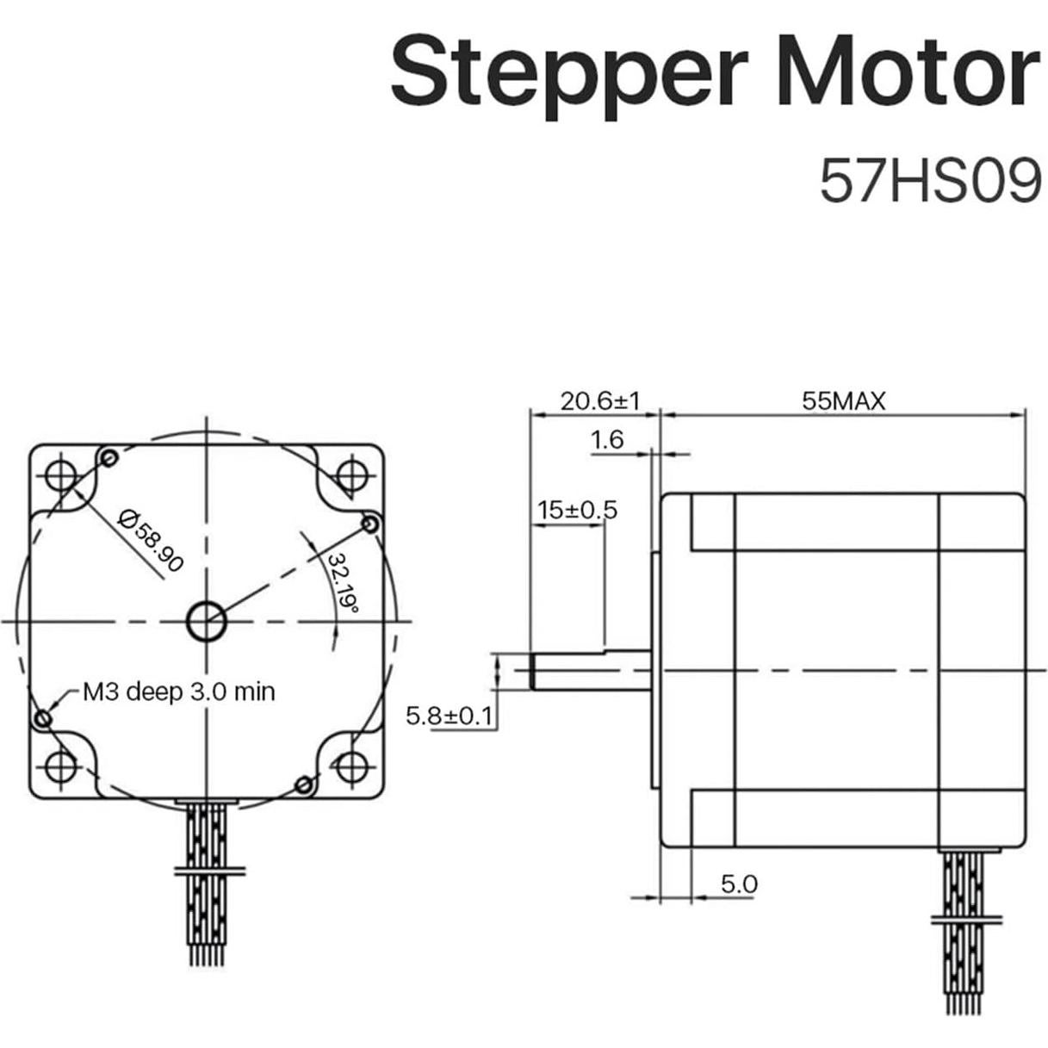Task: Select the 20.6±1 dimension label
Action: tap(599, 400)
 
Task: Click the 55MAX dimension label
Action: tap(843, 400)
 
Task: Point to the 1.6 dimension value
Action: tap(606, 440)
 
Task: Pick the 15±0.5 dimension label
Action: tap(577, 510)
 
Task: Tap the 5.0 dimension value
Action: tap(738, 884)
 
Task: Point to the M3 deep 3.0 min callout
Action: tap(178, 691)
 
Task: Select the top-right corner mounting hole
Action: tap(350, 474)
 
